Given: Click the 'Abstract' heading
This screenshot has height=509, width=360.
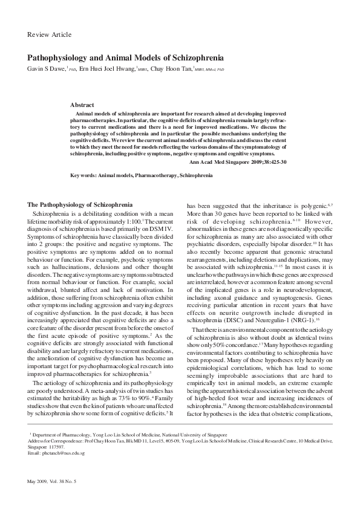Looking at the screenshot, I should click(82, 105).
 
